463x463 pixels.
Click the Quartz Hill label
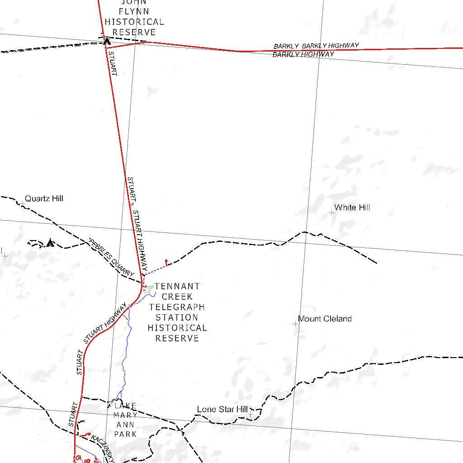click(44, 198)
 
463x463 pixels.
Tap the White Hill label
click(352, 208)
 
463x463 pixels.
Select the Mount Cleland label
click(325, 319)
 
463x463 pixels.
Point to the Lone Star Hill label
click(222, 409)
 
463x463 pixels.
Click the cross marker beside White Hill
click(332, 212)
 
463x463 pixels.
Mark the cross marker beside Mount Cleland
click(296, 324)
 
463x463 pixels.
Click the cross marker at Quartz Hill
click(22, 203)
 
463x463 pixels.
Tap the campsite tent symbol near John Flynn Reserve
click(107, 41)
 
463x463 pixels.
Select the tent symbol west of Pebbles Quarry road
click(50, 243)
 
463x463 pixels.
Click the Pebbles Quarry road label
click(112, 256)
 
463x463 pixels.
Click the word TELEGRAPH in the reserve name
click(177, 307)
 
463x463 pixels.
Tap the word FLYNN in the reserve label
click(134, 11)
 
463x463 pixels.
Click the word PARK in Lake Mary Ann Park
click(125, 434)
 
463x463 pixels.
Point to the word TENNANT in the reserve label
click(177, 286)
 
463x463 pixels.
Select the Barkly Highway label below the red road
click(303, 54)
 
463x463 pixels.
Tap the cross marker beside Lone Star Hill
click(250, 414)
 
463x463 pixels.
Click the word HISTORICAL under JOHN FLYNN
click(134, 22)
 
